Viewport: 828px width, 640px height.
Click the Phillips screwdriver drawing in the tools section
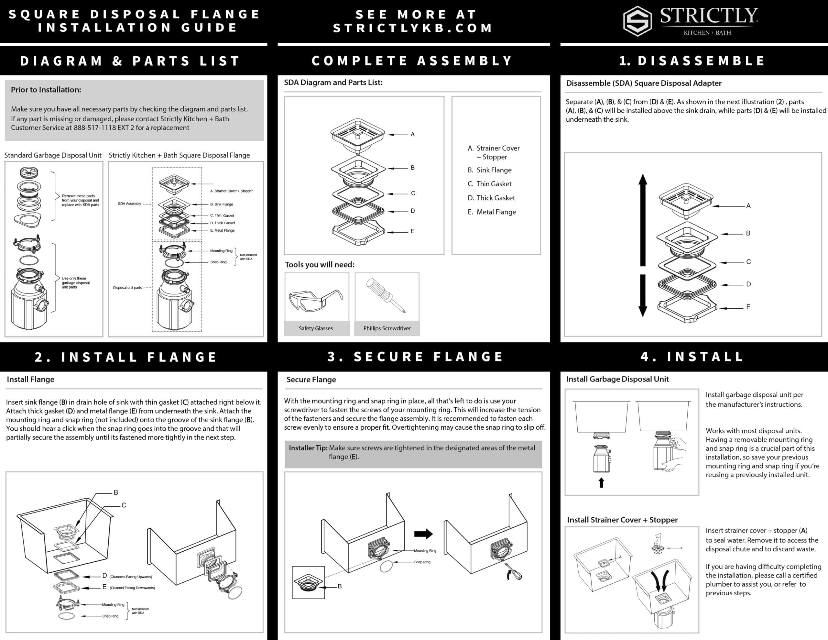(x=386, y=295)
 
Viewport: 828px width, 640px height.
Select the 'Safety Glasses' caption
(x=316, y=328)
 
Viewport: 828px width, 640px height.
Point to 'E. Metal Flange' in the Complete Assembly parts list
(x=492, y=212)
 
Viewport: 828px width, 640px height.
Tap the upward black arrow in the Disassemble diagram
(x=643, y=220)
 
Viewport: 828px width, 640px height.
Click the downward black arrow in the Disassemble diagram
(x=643, y=295)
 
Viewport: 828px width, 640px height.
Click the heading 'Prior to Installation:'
(x=46, y=90)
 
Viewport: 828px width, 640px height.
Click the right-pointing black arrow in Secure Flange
(x=423, y=534)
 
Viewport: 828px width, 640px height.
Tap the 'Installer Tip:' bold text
(x=308, y=448)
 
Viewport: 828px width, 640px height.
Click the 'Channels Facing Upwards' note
(x=131, y=577)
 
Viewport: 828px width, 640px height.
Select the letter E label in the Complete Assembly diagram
(x=412, y=231)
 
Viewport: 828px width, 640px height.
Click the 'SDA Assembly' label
(x=129, y=204)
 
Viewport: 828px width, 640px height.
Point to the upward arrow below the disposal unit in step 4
(x=601, y=482)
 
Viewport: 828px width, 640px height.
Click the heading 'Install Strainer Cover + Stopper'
(x=622, y=520)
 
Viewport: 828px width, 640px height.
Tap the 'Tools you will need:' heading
(x=320, y=265)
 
